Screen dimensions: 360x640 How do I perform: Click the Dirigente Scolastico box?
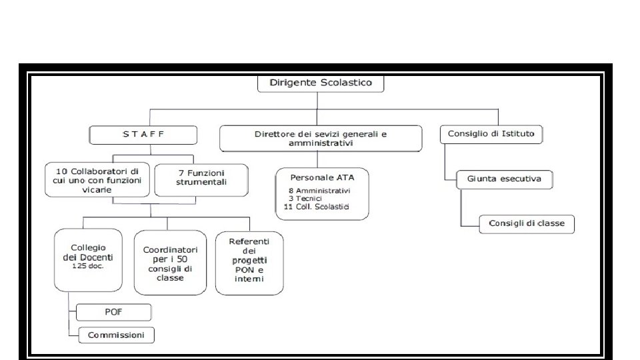pyautogui.click(x=321, y=84)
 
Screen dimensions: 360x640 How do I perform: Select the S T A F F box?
pyautogui.click(x=143, y=134)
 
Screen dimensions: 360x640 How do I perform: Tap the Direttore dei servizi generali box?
pyautogui.click(x=321, y=138)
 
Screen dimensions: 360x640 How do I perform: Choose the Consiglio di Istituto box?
pyautogui.click(x=491, y=134)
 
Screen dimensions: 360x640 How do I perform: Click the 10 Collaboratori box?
pyautogui.click(x=98, y=180)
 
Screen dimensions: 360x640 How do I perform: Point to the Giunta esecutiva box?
pyautogui.click(x=504, y=179)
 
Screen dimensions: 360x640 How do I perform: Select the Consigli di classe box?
pyautogui.click(x=527, y=223)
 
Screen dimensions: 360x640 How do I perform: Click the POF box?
pyautogui.click(x=113, y=311)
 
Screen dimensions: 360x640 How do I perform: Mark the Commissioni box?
pyautogui.click(x=116, y=335)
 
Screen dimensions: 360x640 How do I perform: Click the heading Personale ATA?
pyautogui.click(x=323, y=177)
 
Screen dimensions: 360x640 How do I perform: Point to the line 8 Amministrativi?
pyautogui.click(x=324, y=190)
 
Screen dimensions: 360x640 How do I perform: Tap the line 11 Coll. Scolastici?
pyautogui.click(x=316, y=207)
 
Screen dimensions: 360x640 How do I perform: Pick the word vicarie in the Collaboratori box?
pyautogui.click(x=98, y=189)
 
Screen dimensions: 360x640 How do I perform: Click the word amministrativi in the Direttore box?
pyautogui.click(x=321, y=143)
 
